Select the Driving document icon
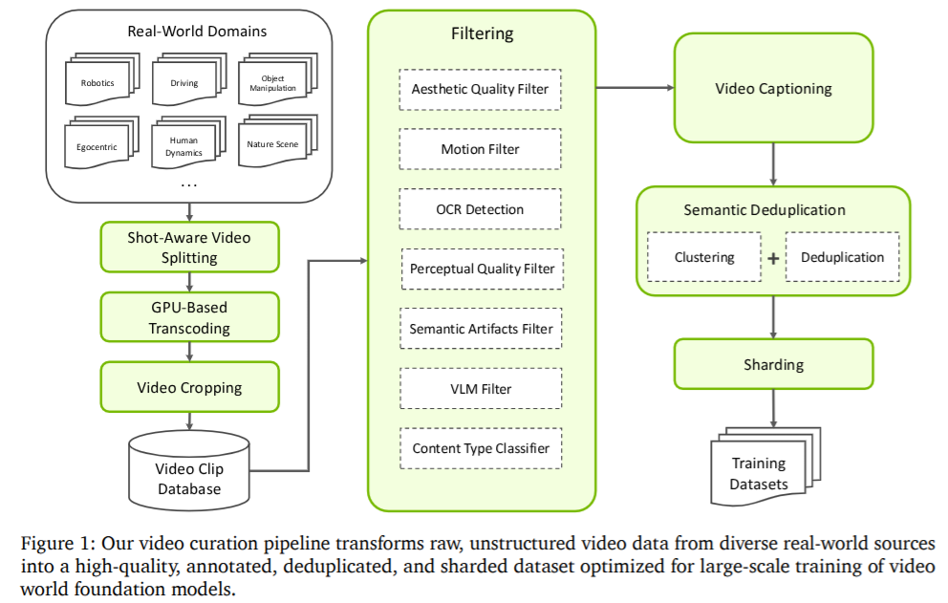pyautogui.click(x=183, y=83)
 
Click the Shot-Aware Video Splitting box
pyautogui.click(x=190, y=247)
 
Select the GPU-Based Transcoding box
pyautogui.click(x=190, y=316)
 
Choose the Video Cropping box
pyautogui.click(x=190, y=387)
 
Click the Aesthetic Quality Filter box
pyautogui.click(x=480, y=90)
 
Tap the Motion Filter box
pyautogui.click(x=480, y=149)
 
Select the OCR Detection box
pyautogui.click(x=480, y=209)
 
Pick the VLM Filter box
pyautogui.click(x=480, y=388)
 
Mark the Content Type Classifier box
pyautogui.click(x=480, y=447)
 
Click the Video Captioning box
pyautogui.click(x=773, y=89)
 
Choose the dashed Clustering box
pyautogui.click(x=704, y=257)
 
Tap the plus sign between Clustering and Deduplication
pyautogui.click(x=773, y=258)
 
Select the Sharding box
pyautogui.click(x=773, y=364)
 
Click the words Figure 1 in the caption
pyautogui.click(x=53, y=543)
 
